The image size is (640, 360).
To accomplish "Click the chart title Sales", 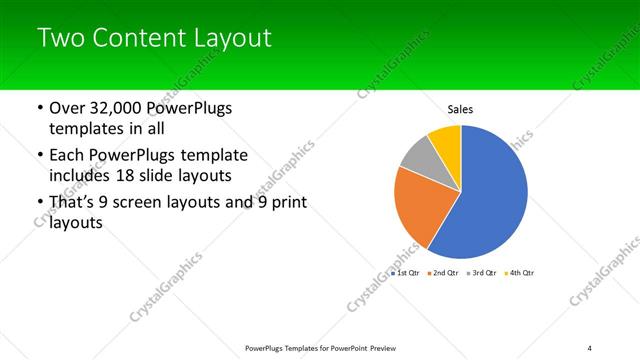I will (460, 109).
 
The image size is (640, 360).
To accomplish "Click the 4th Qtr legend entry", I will (519, 272).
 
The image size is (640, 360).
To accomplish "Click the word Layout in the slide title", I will (235, 38).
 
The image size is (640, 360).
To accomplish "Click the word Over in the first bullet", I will (67, 108).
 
